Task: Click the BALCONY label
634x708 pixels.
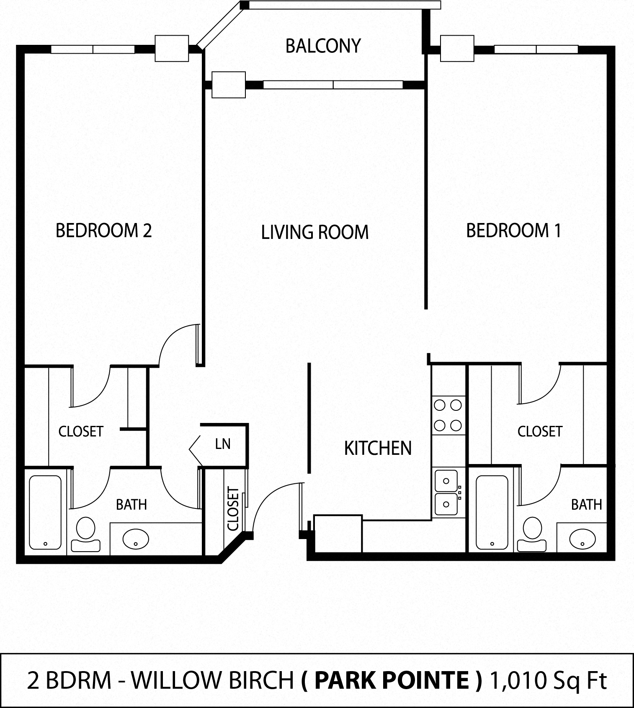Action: click(323, 46)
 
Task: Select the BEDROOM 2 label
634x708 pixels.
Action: click(103, 231)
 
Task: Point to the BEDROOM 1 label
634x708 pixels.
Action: click(513, 231)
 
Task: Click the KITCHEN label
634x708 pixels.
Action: click(378, 449)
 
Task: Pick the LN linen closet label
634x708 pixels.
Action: click(223, 444)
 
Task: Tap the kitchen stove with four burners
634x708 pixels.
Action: click(448, 415)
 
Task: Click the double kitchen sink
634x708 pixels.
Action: click(446, 493)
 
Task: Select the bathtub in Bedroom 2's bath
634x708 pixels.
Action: click(45, 512)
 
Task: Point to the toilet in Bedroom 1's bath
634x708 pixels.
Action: click(532, 534)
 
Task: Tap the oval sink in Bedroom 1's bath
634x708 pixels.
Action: click(582, 538)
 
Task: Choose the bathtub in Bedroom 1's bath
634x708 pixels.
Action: click(492, 512)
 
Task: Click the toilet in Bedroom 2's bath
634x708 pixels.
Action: click(86, 534)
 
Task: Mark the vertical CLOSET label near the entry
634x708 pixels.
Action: click(233, 508)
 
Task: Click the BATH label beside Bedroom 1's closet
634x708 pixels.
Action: click(586, 505)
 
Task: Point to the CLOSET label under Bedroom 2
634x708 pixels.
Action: click(81, 432)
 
